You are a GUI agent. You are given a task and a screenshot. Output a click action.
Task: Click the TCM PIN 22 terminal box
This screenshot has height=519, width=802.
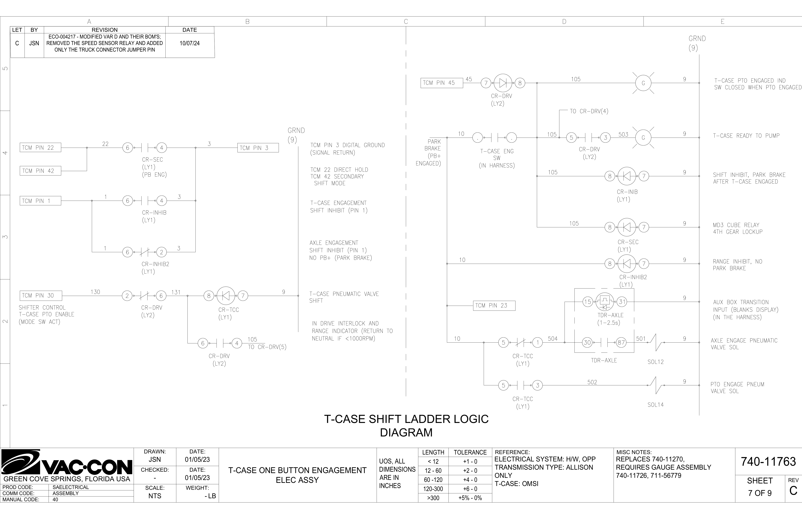pos(40,148)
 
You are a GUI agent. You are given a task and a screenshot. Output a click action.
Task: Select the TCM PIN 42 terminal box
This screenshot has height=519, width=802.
pos(40,171)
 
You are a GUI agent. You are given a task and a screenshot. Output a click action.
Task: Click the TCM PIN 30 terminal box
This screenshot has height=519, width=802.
pos(41,296)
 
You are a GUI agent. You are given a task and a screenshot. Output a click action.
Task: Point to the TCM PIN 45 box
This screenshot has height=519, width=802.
pos(442,83)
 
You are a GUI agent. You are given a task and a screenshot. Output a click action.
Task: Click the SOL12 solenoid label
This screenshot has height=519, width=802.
pos(655,362)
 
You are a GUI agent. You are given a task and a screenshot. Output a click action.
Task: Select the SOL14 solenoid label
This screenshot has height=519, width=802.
pos(655,405)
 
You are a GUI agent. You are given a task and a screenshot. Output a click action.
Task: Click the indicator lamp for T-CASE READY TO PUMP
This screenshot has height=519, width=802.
pos(643,138)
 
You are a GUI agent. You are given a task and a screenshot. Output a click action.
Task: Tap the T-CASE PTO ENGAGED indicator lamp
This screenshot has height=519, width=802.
pos(643,83)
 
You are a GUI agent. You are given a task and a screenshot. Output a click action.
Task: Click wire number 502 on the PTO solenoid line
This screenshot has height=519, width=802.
pos(592,382)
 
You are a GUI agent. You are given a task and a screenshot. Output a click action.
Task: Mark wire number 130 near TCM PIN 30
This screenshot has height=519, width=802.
pos(95,292)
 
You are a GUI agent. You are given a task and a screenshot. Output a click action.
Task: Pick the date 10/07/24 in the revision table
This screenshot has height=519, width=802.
pos(190,43)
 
